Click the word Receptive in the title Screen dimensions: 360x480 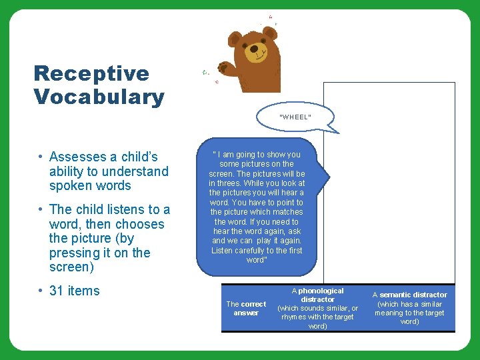[x=91, y=73]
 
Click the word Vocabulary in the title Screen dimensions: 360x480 [x=99, y=97]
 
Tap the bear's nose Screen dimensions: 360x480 [x=255, y=49]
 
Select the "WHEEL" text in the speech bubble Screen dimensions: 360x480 [x=295, y=117]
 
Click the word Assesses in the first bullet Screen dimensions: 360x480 [x=77, y=157]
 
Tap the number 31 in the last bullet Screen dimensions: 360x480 [x=57, y=291]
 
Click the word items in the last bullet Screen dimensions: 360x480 [x=83, y=291]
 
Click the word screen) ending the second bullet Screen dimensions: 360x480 [x=70, y=267]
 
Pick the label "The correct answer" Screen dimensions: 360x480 [x=246, y=309]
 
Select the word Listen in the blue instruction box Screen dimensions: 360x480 [x=223, y=251]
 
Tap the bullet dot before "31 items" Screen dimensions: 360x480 [x=41, y=291]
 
